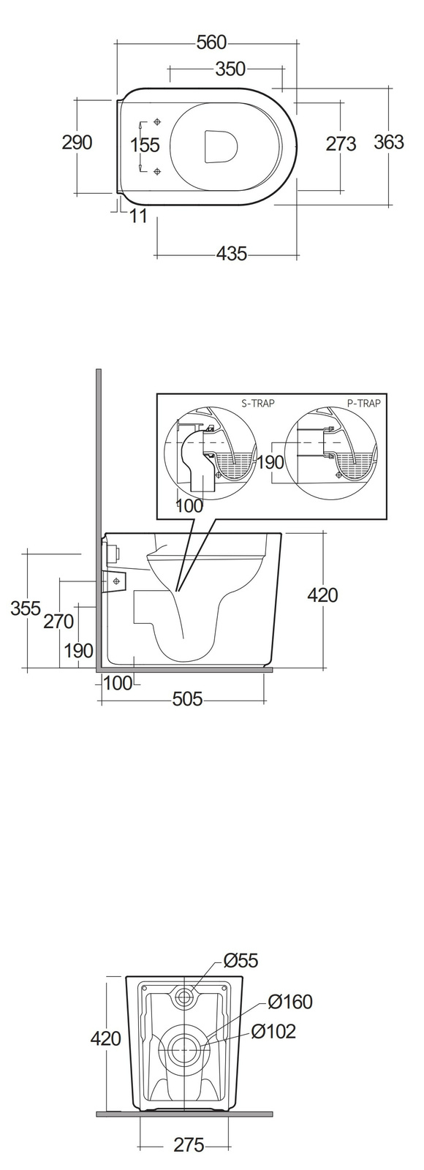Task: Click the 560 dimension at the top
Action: click(211, 42)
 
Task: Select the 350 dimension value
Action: click(230, 69)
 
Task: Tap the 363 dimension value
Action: click(389, 142)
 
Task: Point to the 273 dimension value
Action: click(341, 143)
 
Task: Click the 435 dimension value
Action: click(231, 254)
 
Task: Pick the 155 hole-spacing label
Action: click(145, 145)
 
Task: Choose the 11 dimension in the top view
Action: click(138, 216)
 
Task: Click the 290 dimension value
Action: click(77, 142)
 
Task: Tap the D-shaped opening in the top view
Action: click(220, 145)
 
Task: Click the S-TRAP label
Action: click(257, 403)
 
